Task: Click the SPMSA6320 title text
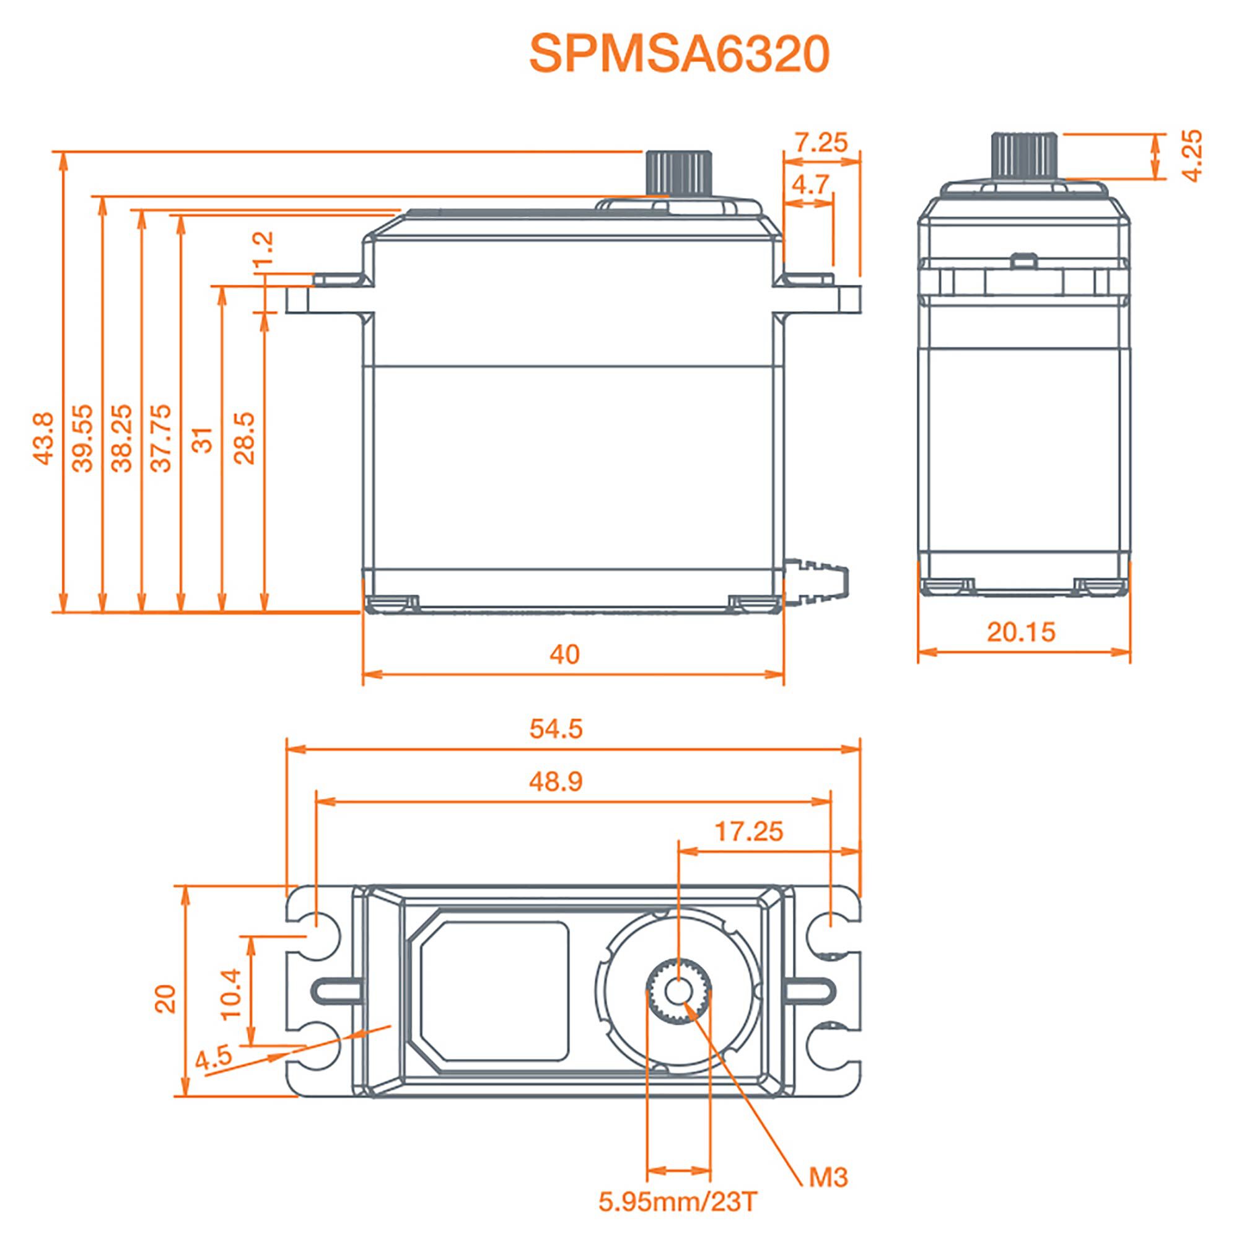pyautogui.click(x=679, y=55)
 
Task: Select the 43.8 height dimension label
pyautogui.click(x=44, y=438)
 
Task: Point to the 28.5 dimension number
pyautogui.click(x=245, y=438)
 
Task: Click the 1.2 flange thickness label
pyautogui.click(x=263, y=249)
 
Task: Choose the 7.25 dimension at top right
pyautogui.click(x=821, y=142)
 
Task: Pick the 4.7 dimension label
pyautogui.click(x=810, y=185)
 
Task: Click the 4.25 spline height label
pyautogui.click(x=1191, y=155)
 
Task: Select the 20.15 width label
pyautogui.click(x=1021, y=633)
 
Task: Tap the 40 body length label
pyautogui.click(x=564, y=654)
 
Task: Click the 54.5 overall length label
pyautogui.click(x=556, y=729)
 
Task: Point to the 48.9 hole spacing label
pyautogui.click(x=556, y=781)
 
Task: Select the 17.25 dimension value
pyautogui.click(x=749, y=832)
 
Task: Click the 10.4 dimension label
pyautogui.click(x=232, y=994)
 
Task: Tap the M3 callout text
pyautogui.click(x=828, y=1178)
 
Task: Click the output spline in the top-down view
pyautogui.click(x=678, y=991)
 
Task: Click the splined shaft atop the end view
pyautogui.click(x=1024, y=157)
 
